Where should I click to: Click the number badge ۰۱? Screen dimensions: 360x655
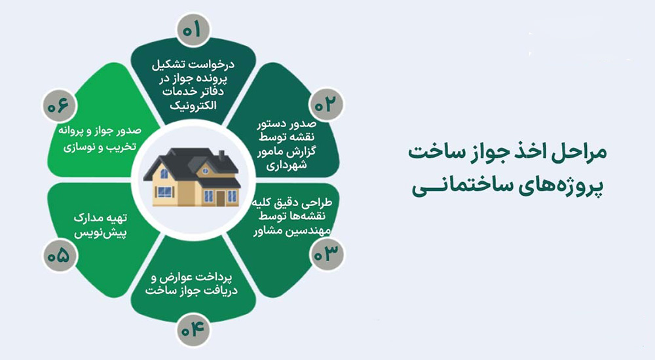[x=195, y=30]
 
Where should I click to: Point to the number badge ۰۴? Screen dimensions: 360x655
[x=195, y=329]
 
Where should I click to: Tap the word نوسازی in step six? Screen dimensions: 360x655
[x=82, y=147]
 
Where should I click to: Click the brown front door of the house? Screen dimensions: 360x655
[x=231, y=196]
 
